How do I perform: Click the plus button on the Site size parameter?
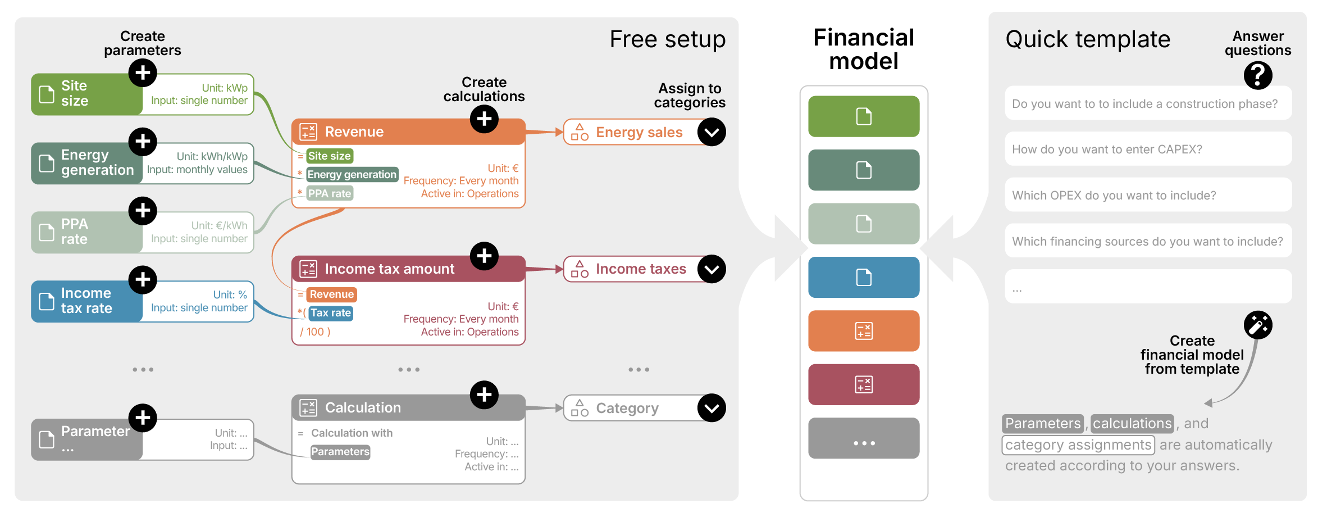tap(143, 72)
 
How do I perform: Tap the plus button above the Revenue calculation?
tap(484, 119)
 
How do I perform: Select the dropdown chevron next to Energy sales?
tap(712, 132)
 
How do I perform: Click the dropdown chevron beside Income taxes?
tap(712, 269)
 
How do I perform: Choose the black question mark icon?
tap(1257, 75)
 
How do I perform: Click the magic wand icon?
tap(1257, 325)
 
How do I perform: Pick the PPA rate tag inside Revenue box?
tap(330, 194)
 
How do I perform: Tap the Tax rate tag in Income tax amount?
tap(331, 313)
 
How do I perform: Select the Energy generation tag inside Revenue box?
tap(352, 175)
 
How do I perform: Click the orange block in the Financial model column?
tap(863, 331)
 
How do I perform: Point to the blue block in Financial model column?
tap(863, 278)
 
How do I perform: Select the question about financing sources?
tap(1148, 242)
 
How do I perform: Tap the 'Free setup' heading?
tap(667, 39)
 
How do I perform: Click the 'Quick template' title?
tap(1087, 39)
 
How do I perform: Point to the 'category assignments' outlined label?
tap(1078, 445)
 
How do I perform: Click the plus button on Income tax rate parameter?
tap(143, 280)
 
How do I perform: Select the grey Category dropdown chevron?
tap(712, 408)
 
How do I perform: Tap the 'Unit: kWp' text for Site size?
tap(225, 88)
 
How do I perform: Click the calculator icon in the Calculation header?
tap(308, 408)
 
